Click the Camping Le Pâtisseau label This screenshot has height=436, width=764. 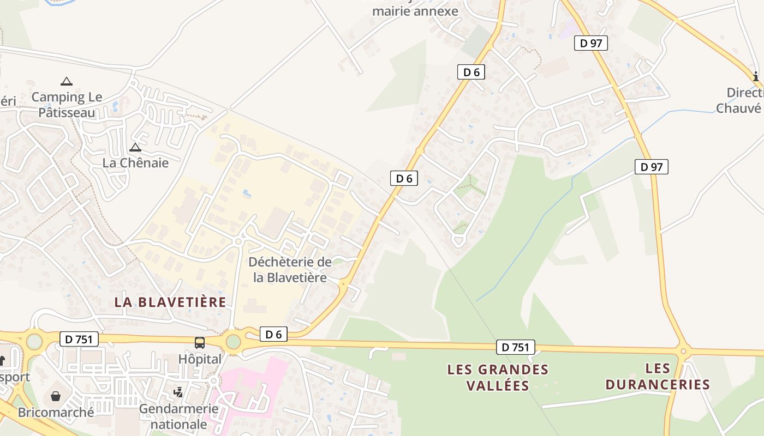tap(67, 105)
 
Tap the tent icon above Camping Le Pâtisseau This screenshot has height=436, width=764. tap(67, 82)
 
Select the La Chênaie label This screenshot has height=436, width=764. tap(135, 163)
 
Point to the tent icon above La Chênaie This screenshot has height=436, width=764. tap(135, 147)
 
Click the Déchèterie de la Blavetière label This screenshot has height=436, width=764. tap(290, 270)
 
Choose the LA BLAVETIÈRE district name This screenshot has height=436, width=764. tap(170, 302)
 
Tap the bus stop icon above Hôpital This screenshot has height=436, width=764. tap(200, 343)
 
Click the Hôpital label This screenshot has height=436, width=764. tap(200, 360)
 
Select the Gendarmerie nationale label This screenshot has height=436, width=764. tap(178, 416)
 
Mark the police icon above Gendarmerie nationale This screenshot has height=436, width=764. tap(178, 392)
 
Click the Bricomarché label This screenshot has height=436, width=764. tap(56, 413)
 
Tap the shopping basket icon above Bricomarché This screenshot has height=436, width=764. tap(55, 396)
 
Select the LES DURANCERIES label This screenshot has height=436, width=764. tap(658, 377)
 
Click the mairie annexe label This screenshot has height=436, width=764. tap(415, 11)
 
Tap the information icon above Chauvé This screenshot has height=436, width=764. tap(756, 76)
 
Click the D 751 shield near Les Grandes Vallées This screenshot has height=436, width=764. tap(515, 347)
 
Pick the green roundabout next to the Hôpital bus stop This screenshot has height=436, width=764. tap(233, 342)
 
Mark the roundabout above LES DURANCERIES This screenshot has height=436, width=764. tap(683, 350)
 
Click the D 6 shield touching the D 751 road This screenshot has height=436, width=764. tap(273, 335)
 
